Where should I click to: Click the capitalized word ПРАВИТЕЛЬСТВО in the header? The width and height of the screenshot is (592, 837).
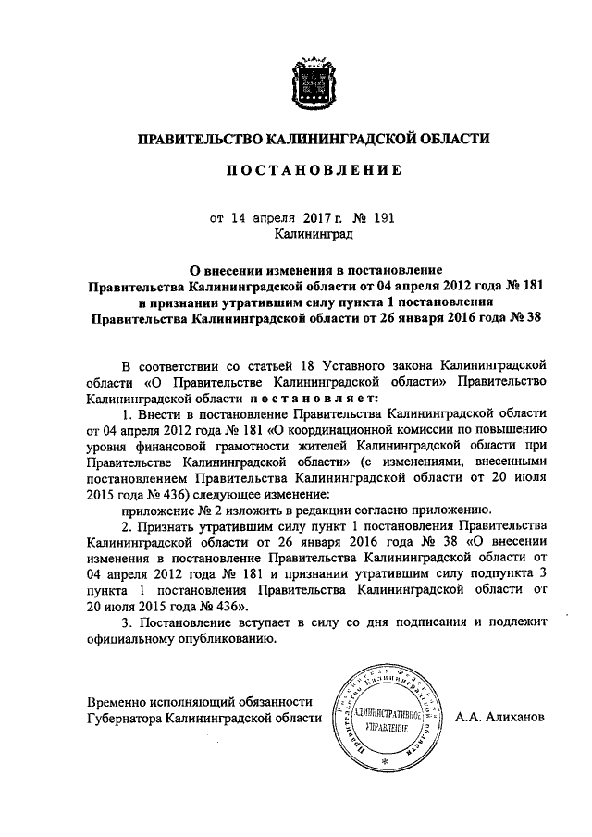point(197,140)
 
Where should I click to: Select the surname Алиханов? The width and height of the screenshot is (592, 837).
point(520,718)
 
